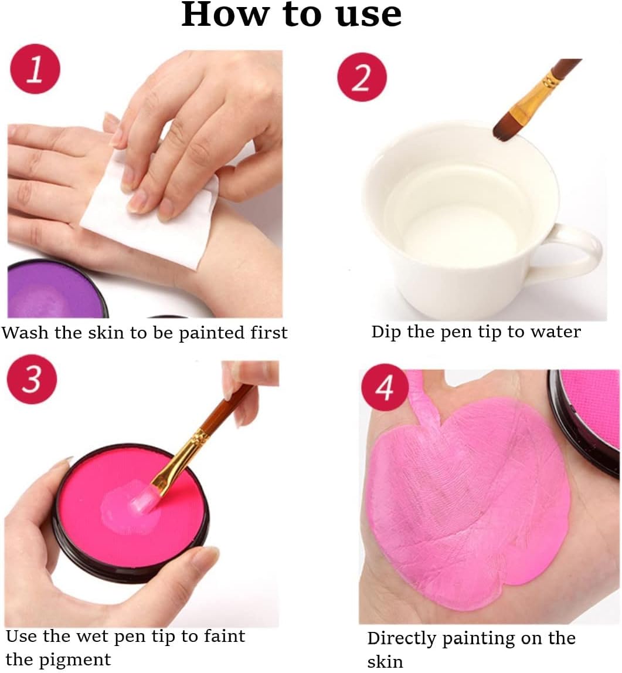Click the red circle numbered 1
click(35, 69)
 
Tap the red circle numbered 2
click(362, 77)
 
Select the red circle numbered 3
click(32, 379)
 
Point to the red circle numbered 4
click(384, 388)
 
